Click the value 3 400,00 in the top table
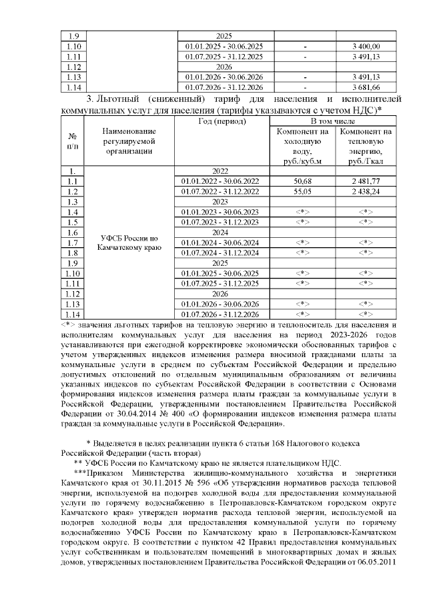pos(366,46)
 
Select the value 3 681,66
pos(366,87)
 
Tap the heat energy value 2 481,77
pos(366,181)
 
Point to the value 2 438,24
pos(366,191)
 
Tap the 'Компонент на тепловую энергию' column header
pos(366,146)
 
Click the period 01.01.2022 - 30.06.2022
pos(223,181)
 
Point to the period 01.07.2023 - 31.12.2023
pos(223,222)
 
